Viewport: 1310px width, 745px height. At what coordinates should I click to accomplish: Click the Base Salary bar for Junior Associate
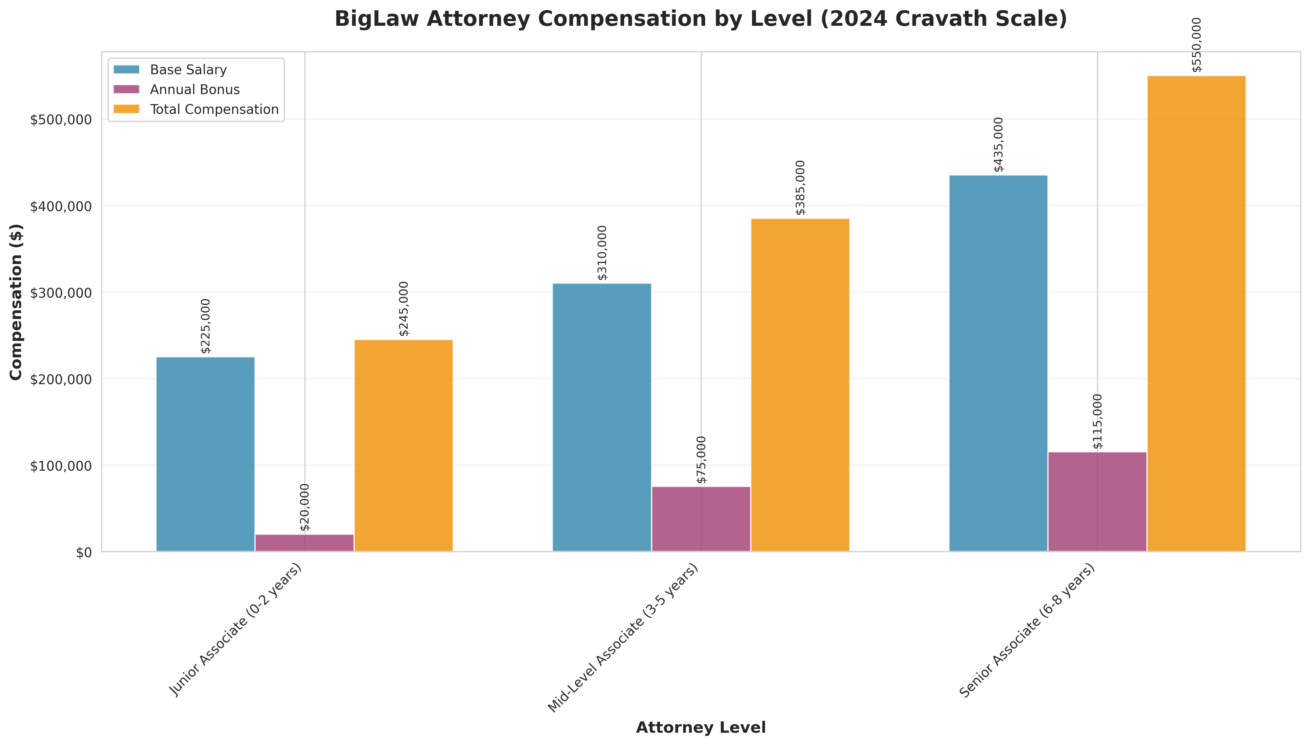205,454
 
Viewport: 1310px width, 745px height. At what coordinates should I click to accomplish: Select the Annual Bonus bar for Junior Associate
304,543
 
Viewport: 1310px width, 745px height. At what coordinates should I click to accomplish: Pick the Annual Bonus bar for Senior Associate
1097,501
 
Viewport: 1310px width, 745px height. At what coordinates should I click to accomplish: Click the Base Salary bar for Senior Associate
998,363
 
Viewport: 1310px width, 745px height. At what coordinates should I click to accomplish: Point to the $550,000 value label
1197,45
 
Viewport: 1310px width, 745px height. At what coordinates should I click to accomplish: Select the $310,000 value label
603,253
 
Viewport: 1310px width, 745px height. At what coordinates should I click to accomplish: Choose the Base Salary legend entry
188,70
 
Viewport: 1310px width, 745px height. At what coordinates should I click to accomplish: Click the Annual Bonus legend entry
194,90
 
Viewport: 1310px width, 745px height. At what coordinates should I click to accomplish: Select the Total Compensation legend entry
214,109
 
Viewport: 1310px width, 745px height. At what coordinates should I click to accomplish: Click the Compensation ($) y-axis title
16,302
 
